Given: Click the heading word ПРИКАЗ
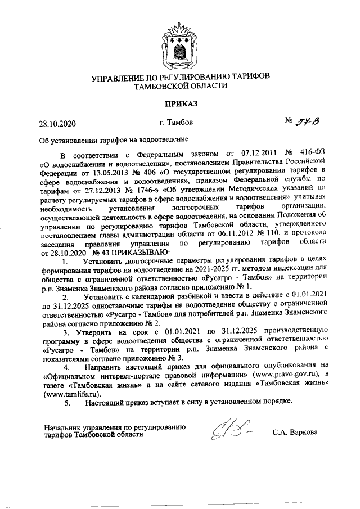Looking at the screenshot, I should (181, 103).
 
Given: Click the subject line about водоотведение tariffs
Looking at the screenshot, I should (113, 139).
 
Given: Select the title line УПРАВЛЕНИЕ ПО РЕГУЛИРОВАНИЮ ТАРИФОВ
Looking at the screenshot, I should (181, 76).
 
